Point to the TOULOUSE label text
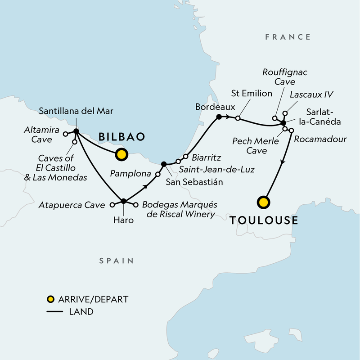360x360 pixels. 264,220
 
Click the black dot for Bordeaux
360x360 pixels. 218,117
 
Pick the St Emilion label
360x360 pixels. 252,94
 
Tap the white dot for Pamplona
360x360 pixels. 158,174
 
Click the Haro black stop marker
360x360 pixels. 123,201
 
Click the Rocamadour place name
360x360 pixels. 320,139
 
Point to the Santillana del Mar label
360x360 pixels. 76,110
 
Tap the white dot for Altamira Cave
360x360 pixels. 65,134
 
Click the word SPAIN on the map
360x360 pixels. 116,261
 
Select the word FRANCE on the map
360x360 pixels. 288,37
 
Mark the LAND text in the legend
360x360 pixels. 81,311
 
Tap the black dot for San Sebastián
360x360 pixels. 164,164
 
